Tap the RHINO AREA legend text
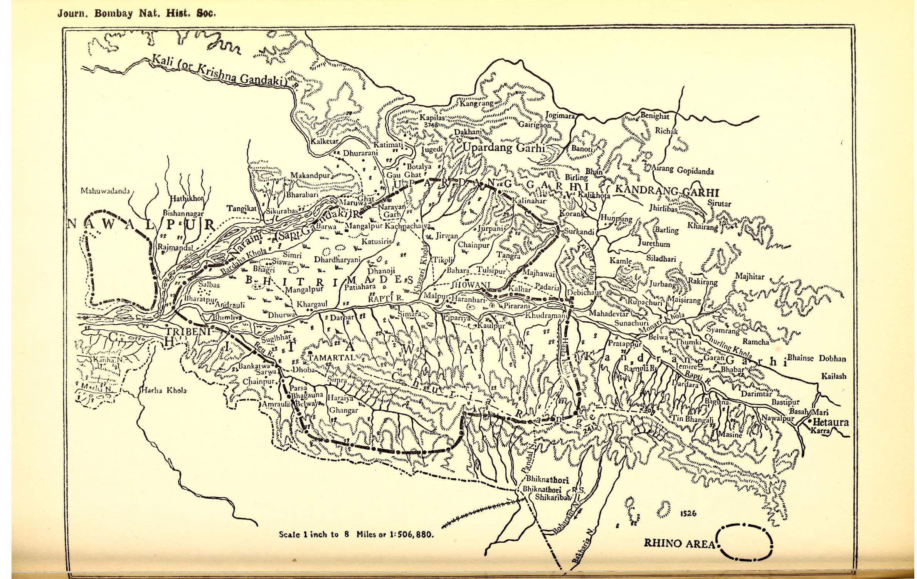coord(679,544)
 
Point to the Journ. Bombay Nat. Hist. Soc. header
coord(136,14)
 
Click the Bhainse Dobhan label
coord(816,358)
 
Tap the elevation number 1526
coord(688,514)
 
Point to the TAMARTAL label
coord(331,357)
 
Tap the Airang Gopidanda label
coord(682,171)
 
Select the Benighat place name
coord(654,116)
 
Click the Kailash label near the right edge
coord(834,376)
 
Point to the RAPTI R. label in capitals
coord(385,299)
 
